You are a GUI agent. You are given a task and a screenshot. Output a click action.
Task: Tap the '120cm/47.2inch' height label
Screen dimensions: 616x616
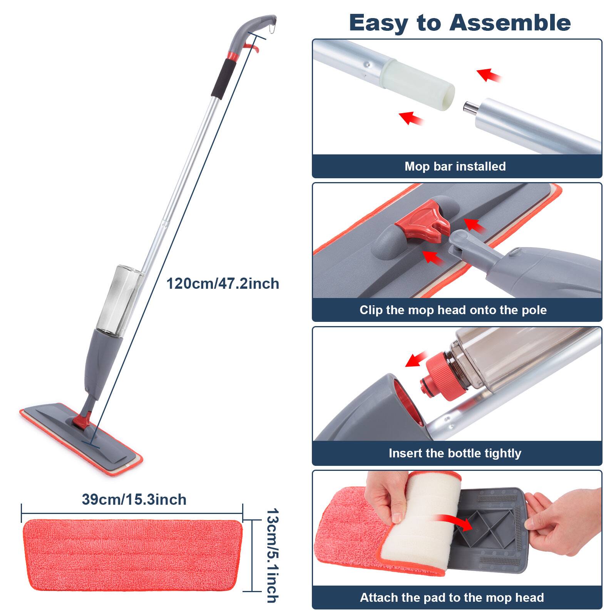click(x=223, y=284)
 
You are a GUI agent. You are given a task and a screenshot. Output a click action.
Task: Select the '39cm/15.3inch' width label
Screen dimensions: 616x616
click(x=134, y=500)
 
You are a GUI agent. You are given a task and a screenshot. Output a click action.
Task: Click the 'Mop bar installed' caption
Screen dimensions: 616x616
click(x=455, y=166)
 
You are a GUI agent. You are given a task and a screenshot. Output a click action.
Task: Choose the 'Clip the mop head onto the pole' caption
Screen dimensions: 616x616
click(x=453, y=310)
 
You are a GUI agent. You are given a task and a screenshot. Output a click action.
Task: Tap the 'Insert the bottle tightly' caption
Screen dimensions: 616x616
click(x=455, y=453)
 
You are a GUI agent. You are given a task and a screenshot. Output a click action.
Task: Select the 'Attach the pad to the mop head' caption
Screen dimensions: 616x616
click(x=452, y=598)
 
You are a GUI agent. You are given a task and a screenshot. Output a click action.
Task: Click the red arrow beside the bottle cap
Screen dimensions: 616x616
click(x=417, y=360)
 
